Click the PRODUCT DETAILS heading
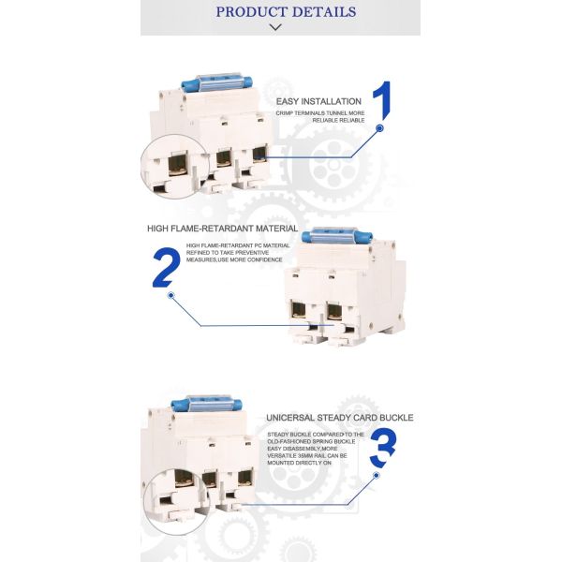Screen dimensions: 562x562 click(x=286, y=12)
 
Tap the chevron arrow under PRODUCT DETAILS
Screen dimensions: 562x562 click(x=275, y=27)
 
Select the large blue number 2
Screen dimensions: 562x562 click(x=164, y=267)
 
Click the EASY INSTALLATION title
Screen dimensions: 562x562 click(x=318, y=100)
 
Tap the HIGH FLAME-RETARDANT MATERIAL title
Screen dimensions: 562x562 click(x=222, y=229)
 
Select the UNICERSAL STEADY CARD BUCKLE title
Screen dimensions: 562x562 click(x=339, y=418)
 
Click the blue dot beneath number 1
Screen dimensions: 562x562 click(x=379, y=127)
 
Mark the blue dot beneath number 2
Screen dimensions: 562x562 click(x=170, y=296)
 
